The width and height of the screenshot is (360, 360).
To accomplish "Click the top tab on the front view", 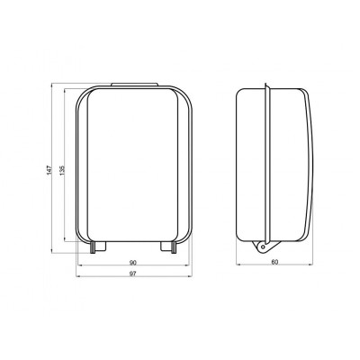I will point(134,86).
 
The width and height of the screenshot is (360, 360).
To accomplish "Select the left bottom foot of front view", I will point(98,245).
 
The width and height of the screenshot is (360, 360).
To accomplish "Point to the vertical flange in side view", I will point(265,162).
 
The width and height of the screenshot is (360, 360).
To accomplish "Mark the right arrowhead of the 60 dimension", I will point(311,267).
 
